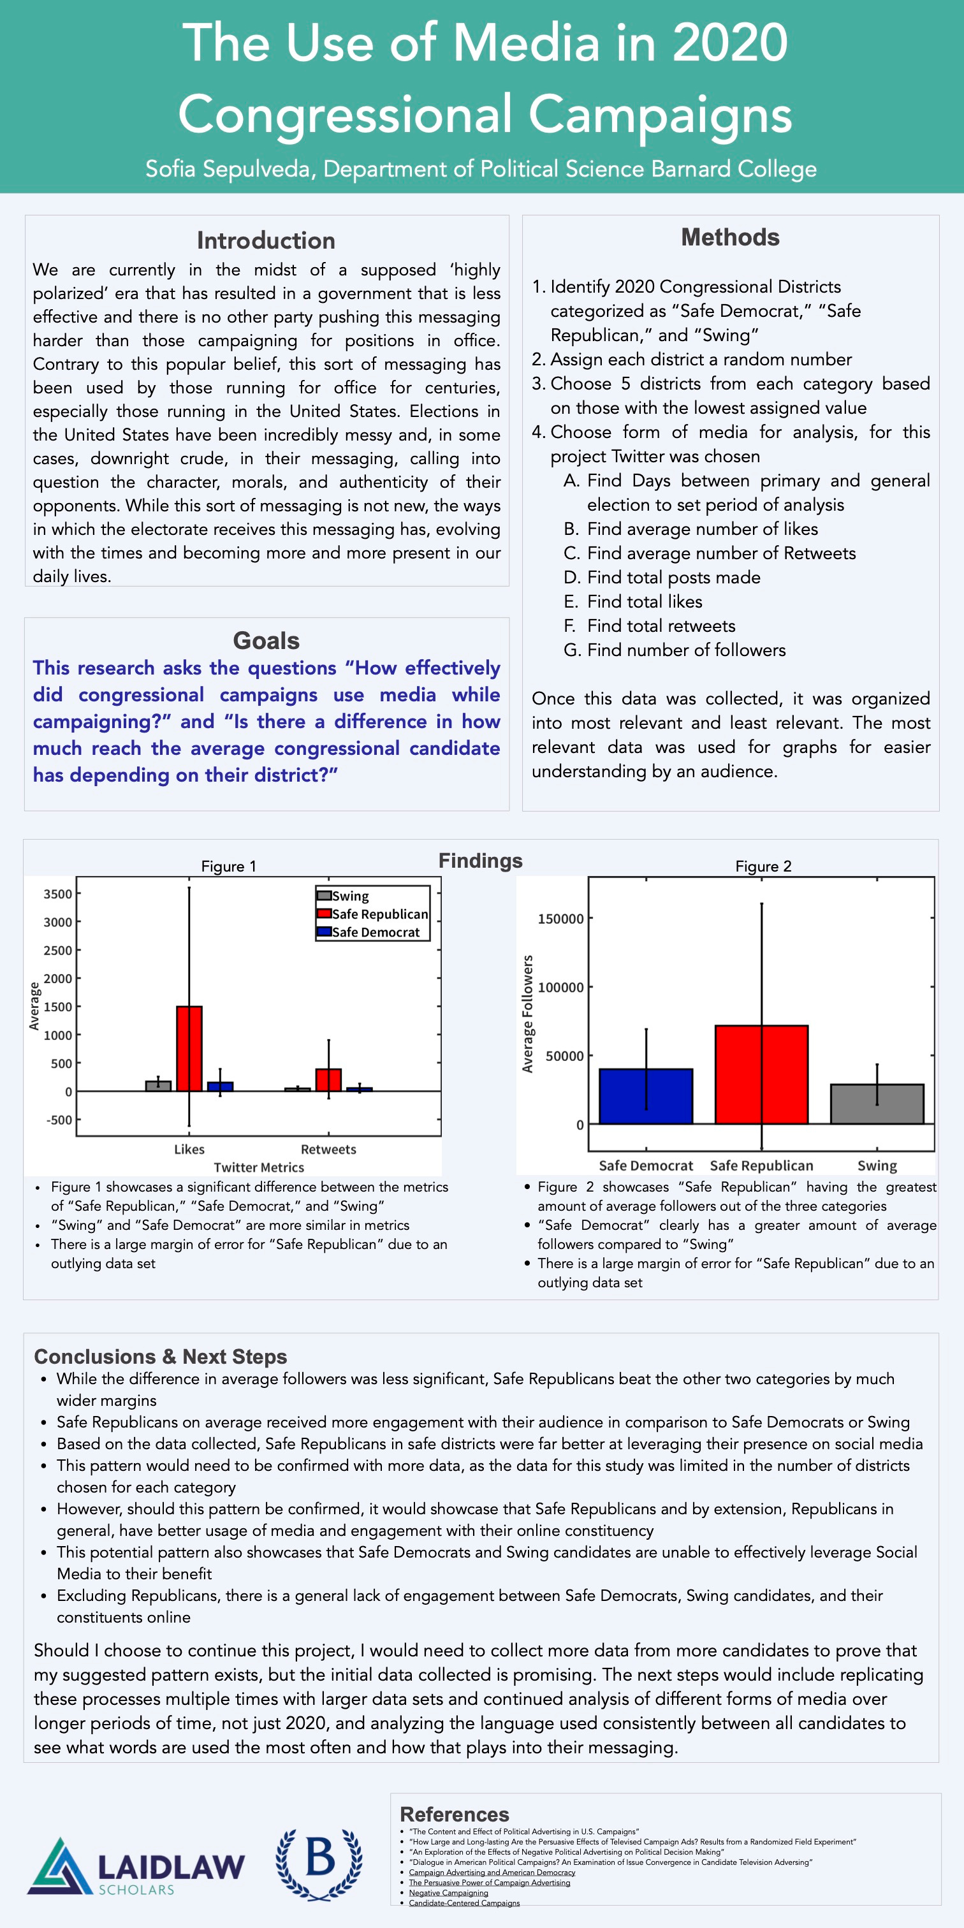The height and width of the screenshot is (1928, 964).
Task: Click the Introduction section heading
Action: [266, 240]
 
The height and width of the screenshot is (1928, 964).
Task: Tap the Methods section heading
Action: [730, 237]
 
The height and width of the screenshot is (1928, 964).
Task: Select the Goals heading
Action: [266, 641]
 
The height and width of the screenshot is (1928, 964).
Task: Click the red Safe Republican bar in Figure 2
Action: [761, 1075]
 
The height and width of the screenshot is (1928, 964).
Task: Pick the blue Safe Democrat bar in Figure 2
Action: [645, 1097]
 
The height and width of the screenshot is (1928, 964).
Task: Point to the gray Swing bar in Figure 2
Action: [877, 1104]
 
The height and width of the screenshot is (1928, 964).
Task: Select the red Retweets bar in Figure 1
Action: [328, 1080]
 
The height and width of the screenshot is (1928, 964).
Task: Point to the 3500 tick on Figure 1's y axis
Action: [57, 894]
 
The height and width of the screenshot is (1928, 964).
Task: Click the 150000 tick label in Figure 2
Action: [560, 919]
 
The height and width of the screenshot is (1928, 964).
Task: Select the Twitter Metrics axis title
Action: [259, 1167]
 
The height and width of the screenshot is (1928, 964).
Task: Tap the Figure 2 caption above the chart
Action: [763, 866]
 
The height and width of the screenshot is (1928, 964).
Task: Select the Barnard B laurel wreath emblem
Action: [319, 1864]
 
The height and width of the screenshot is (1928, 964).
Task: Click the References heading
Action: [455, 1815]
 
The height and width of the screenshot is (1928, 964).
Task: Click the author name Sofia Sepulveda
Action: [228, 169]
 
